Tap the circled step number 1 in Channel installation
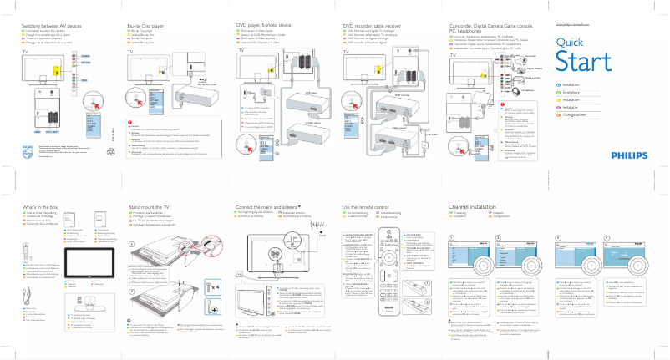[x=452, y=237]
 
